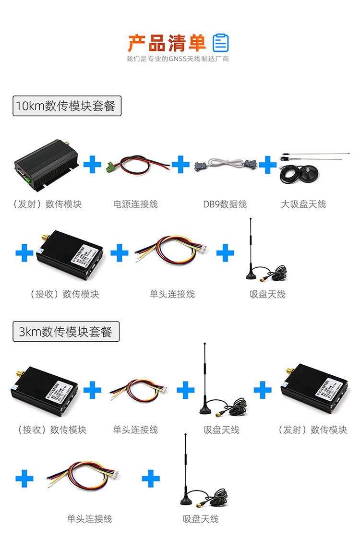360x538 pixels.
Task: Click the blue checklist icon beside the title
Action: tap(221, 43)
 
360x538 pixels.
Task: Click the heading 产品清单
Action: tap(167, 43)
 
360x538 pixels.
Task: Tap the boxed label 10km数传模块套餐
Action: tap(67, 106)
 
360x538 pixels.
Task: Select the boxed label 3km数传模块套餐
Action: tap(66, 331)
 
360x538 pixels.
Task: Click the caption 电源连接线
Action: tap(135, 204)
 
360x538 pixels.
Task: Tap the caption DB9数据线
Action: tap(225, 204)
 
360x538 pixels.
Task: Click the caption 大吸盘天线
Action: tap(303, 204)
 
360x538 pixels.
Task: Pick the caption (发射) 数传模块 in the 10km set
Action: tap(47, 204)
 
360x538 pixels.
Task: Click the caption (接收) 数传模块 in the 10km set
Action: tap(64, 294)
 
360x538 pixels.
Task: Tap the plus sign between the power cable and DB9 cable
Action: tap(180, 164)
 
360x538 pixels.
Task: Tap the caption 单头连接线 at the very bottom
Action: tap(89, 519)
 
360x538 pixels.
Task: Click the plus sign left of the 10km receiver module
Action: tap(24, 253)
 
